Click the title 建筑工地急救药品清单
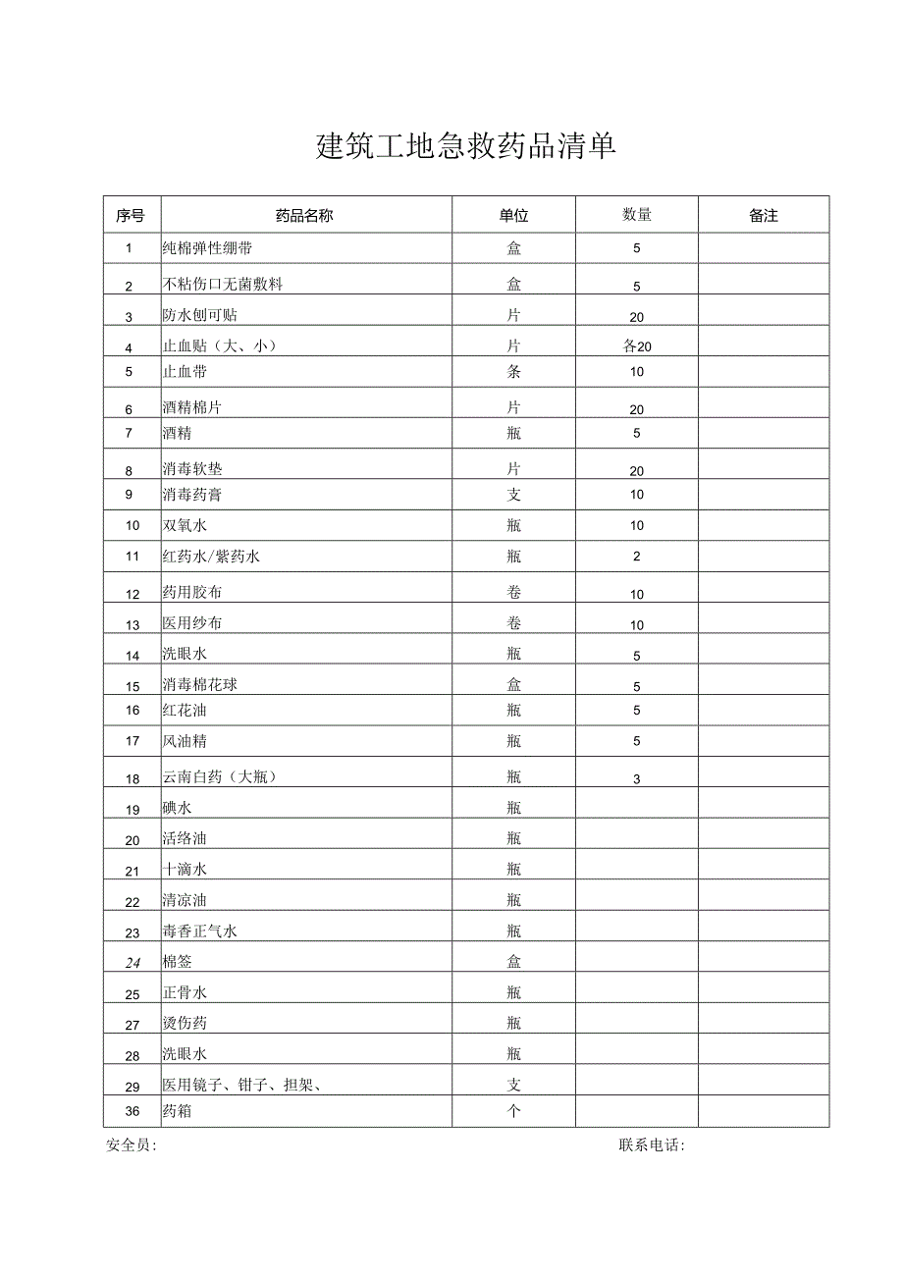click(x=466, y=147)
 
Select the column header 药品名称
click(x=304, y=216)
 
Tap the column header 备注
click(x=763, y=216)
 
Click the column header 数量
click(x=636, y=215)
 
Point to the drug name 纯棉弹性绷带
click(x=207, y=248)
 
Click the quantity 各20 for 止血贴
click(x=636, y=346)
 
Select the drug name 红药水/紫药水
click(x=211, y=557)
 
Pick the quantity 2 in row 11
click(x=636, y=557)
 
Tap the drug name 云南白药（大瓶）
click(x=221, y=777)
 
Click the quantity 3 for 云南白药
click(x=636, y=779)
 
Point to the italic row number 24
click(x=133, y=963)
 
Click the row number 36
click(x=133, y=1111)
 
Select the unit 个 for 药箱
click(x=513, y=1111)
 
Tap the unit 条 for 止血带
click(x=513, y=372)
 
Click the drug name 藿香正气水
click(x=200, y=931)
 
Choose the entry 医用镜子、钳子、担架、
click(x=243, y=1085)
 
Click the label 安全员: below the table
click(x=131, y=1145)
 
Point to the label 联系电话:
click(x=652, y=1145)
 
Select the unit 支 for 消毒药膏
click(x=513, y=495)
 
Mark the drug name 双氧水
click(x=185, y=526)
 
